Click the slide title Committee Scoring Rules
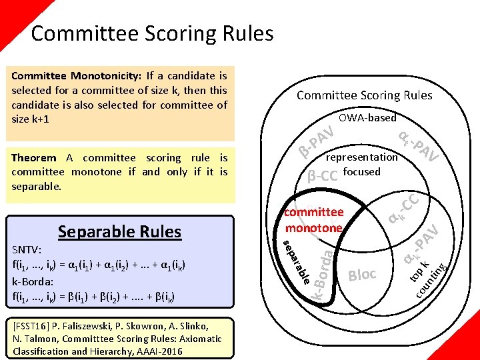click(152, 33)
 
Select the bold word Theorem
click(34, 158)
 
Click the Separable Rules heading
click(119, 232)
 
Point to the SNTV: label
click(27, 249)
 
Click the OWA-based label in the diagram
click(367, 118)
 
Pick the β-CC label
click(323, 176)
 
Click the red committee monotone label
click(313, 220)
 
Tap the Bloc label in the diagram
click(363, 275)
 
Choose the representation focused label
click(361, 165)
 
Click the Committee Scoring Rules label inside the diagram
click(364, 95)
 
